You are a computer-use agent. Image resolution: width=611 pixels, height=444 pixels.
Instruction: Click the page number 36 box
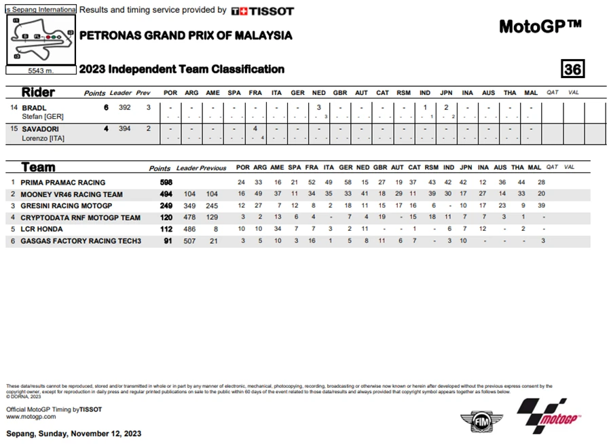click(x=572, y=69)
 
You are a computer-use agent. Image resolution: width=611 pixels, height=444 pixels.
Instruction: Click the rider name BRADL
click(x=34, y=108)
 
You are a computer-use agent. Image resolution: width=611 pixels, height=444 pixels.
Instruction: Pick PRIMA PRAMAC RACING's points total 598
click(x=166, y=183)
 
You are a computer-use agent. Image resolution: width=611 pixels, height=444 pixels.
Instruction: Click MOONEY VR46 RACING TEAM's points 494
click(x=166, y=194)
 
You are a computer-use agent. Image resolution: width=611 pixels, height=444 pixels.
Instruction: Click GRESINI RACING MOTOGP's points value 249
click(x=166, y=206)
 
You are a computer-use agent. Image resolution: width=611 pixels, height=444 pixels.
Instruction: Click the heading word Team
click(x=38, y=168)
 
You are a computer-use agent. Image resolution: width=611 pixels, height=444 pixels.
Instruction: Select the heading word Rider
click(x=38, y=92)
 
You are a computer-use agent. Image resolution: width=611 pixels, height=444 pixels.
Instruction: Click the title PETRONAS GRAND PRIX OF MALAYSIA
click(x=186, y=35)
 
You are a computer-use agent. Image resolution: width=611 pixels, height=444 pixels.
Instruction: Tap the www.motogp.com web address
click(x=31, y=417)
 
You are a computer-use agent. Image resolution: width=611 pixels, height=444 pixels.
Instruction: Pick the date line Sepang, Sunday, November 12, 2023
click(x=73, y=433)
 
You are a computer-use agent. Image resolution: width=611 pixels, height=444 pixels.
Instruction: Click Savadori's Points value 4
click(x=106, y=128)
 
